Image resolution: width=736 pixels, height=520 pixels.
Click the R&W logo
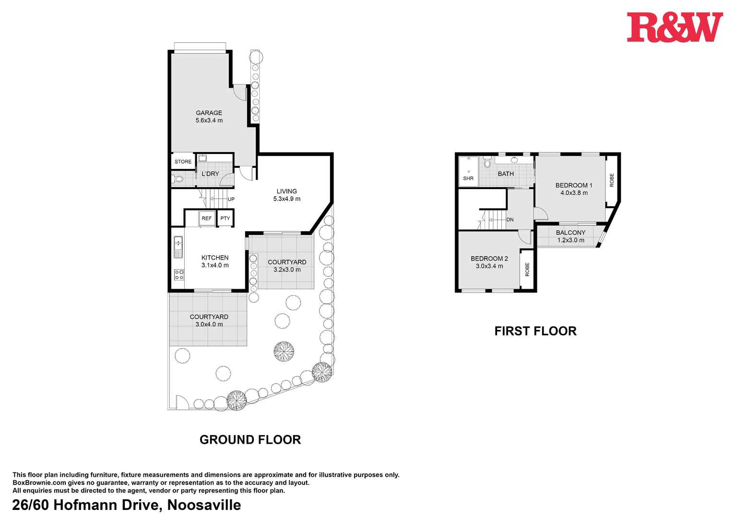[x=674, y=27]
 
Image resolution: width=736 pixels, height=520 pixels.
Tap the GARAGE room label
[x=209, y=113]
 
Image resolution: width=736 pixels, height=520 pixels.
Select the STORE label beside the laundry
[x=183, y=162]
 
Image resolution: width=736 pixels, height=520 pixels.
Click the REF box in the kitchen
[x=206, y=218]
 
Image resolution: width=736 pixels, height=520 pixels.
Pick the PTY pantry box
[x=225, y=218]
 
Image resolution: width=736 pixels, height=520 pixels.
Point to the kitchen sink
[x=178, y=247]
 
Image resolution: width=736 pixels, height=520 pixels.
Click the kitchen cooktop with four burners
[x=178, y=274]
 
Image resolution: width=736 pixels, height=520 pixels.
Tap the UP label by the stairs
[x=231, y=199]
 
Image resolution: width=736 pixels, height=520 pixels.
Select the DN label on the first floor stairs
[x=510, y=220]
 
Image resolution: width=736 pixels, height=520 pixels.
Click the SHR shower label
[x=468, y=178]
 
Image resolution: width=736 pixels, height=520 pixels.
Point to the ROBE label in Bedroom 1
[x=612, y=180]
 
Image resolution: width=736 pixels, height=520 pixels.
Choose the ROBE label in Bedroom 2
[x=527, y=269]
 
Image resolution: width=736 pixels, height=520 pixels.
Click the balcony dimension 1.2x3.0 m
[x=570, y=240]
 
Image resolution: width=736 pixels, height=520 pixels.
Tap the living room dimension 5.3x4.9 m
[x=286, y=199]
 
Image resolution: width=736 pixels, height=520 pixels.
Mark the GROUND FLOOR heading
[x=250, y=440]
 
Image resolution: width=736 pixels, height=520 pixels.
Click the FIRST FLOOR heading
[x=535, y=331]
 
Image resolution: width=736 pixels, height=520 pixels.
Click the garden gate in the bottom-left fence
[x=182, y=402]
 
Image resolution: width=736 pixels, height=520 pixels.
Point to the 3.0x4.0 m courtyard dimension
[x=209, y=324]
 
